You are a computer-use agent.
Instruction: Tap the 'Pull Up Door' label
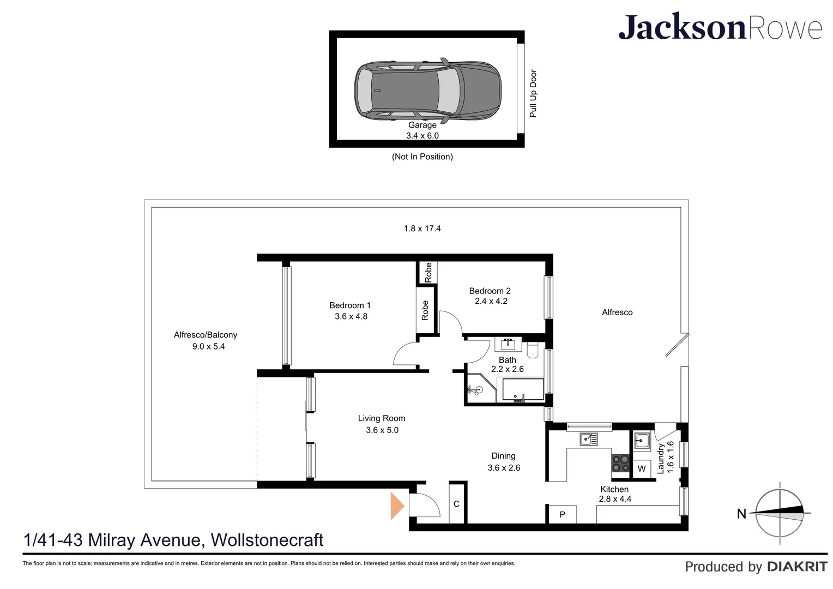(533, 93)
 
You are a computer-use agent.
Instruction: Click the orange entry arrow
(397, 506)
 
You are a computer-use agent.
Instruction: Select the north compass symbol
(779, 513)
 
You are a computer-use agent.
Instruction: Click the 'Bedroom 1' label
(350, 305)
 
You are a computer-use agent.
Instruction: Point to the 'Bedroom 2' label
(490, 291)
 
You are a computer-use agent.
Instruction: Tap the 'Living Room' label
(382, 418)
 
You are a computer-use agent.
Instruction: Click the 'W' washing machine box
(642, 468)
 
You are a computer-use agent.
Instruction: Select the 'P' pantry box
(562, 514)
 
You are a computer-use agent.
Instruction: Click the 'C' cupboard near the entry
(456, 504)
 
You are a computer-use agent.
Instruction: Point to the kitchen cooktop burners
(620, 464)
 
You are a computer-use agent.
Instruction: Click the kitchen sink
(588, 438)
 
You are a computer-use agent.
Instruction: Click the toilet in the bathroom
(533, 350)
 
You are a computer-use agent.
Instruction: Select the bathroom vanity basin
(508, 344)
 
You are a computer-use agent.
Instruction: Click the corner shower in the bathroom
(478, 389)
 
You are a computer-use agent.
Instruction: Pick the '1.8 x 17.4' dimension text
(422, 229)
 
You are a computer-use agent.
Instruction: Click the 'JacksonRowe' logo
(720, 27)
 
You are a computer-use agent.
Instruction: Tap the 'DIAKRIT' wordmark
(797, 567)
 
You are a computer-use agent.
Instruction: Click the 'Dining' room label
(503, 456)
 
